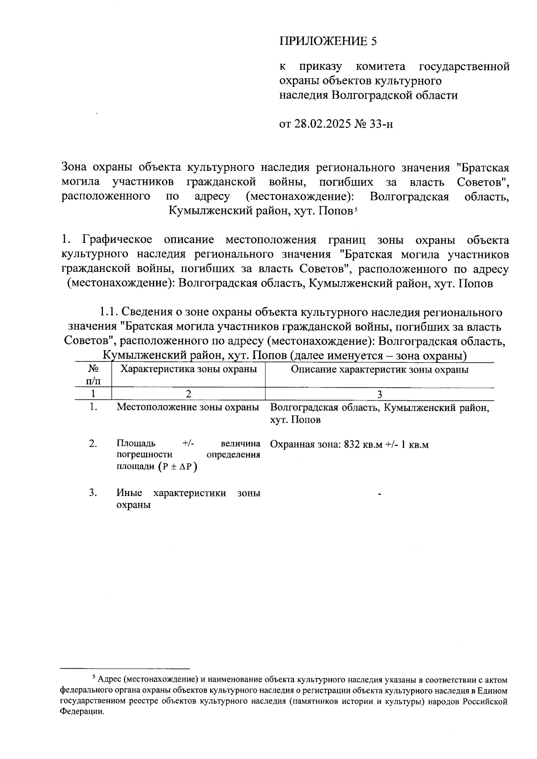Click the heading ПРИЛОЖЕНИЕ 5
point(328,42)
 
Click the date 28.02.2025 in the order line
point(322,124)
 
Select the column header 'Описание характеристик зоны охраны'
point(379,369)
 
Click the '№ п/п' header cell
point(93,375)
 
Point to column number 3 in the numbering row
point(379,394)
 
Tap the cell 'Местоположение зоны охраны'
point(188,407)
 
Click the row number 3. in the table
point(93,493)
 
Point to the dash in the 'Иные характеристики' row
point(379,494)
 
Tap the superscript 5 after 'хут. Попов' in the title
point(355,210)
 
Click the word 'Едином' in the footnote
point(495,691)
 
